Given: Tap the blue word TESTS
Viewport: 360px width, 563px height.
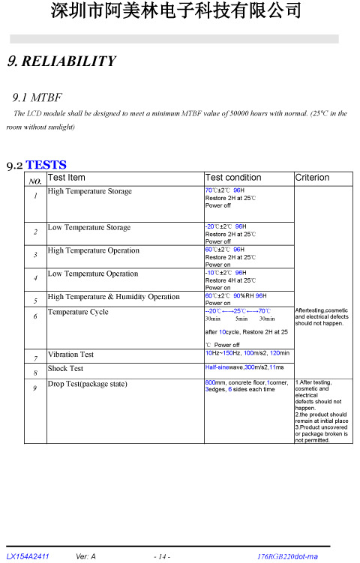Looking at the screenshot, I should pos(46,164).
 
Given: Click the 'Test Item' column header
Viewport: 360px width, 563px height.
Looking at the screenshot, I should pos(66,178).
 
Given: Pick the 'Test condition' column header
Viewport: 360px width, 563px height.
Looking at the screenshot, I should pos(233,178).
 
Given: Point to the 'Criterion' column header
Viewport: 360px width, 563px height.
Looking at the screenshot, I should pos(312,178).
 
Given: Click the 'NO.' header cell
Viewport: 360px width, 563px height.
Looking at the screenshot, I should pos(34,181).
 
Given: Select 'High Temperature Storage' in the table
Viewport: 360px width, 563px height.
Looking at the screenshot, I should pos(89,191).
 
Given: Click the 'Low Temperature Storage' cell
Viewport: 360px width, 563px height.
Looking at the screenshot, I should pos(88,227).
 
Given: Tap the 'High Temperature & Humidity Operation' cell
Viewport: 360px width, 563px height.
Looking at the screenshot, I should pos(113,297).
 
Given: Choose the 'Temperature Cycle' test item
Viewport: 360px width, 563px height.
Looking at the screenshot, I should pos(77,312).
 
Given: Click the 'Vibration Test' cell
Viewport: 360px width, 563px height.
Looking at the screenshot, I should pos(70,355).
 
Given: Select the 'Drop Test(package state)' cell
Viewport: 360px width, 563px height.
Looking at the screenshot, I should pos(97,384).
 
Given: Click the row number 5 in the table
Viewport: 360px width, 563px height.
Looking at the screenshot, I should pos(35,301).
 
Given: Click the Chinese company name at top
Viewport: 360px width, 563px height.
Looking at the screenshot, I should pos(177,12).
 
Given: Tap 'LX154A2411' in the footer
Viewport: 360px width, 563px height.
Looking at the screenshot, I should pos(28,556).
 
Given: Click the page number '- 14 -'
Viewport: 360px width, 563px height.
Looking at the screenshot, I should pos(161,556).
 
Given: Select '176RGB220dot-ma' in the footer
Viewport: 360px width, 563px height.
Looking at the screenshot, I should pos(287,556).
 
